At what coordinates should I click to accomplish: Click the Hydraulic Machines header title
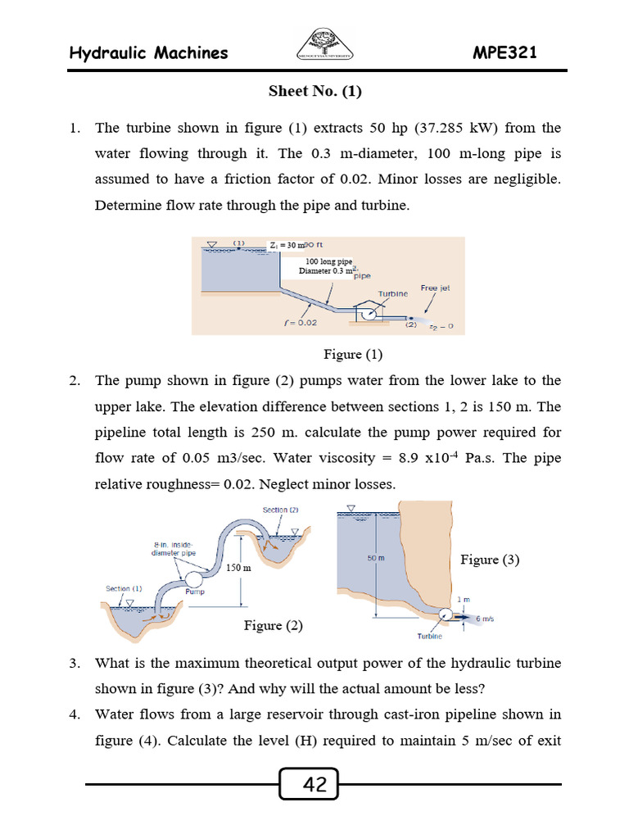148,53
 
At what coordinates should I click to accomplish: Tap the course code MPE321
505,53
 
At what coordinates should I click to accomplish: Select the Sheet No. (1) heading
314,92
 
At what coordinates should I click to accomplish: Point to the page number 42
314,786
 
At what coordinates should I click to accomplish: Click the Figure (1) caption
353,354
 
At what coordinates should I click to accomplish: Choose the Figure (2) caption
273,625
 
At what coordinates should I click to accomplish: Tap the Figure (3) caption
490,560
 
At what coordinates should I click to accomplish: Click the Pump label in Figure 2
194,591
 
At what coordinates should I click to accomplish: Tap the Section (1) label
124,588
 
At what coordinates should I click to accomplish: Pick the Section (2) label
280,510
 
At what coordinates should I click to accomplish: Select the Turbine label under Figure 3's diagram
430,636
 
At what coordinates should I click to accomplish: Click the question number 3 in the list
74,662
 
